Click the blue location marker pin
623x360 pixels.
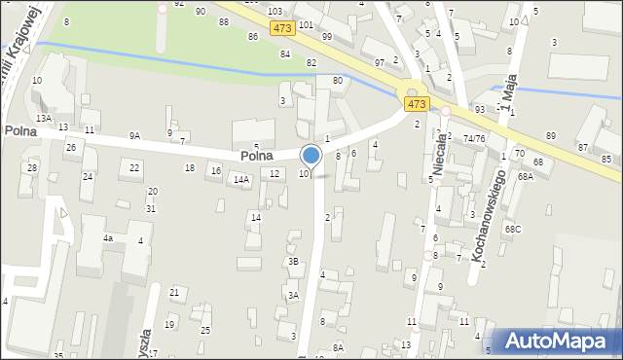click(x=311, y=156)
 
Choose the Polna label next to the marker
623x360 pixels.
click(x=256, y=156)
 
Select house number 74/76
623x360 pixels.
click(x=474, y=139)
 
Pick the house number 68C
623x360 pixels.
click(x=512, y=229)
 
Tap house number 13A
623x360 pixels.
click(x=44, y=118)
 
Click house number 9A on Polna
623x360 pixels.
click(x=134, y=136)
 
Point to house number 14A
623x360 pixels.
click(x=241, y=179)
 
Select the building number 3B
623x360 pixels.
click(x=293, y=261)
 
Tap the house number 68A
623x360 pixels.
click(x=526, y=176)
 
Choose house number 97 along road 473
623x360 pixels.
click(x=380, y=62)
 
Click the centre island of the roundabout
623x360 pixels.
click(x=412, y=93)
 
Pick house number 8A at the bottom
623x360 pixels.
click(x=338, y=347)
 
